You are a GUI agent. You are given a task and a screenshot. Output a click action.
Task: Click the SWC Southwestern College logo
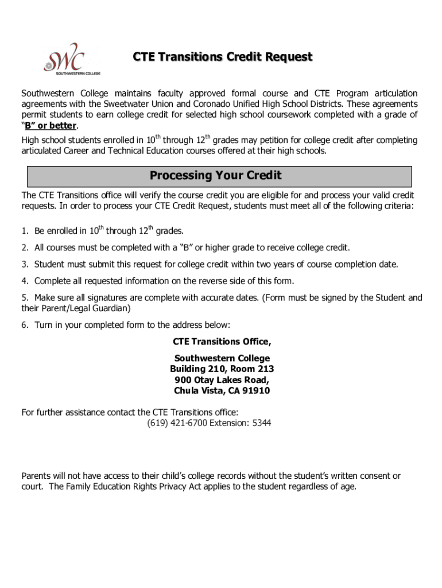(x=64, y=58)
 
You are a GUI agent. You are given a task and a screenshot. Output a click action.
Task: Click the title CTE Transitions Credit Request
(x=223, y=57)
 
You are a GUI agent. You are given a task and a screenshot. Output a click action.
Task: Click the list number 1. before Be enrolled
(x=25, y=231)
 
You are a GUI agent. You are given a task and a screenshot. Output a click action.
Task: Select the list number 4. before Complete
(x=25, y=281)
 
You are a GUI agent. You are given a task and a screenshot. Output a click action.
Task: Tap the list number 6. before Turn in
(x=25, y=325)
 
